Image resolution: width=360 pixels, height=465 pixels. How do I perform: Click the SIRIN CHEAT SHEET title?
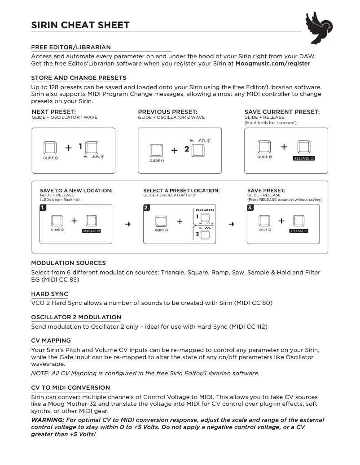point(80,25)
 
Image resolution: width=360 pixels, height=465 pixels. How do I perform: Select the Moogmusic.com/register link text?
point(272,64)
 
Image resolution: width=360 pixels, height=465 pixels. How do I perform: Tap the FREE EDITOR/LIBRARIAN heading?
point(71,47)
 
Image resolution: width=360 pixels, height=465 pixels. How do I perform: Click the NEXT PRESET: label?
point(54,112)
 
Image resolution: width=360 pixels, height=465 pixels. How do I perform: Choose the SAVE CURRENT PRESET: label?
point(282,112)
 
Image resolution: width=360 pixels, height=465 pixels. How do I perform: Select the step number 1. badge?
point(43,208)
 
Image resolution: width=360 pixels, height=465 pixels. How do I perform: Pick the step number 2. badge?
point(147,208)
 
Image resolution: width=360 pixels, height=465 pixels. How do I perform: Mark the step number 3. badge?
point(250,208)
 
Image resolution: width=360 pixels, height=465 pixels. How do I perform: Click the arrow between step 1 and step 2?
point(128,224)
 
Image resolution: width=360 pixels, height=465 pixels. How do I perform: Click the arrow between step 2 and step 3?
point(231,224)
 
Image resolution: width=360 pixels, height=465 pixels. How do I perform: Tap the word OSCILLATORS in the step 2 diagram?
point(205,210)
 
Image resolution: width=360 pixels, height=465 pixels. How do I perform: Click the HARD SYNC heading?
point(49,294)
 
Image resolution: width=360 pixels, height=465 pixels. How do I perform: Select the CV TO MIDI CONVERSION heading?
point(70,387)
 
